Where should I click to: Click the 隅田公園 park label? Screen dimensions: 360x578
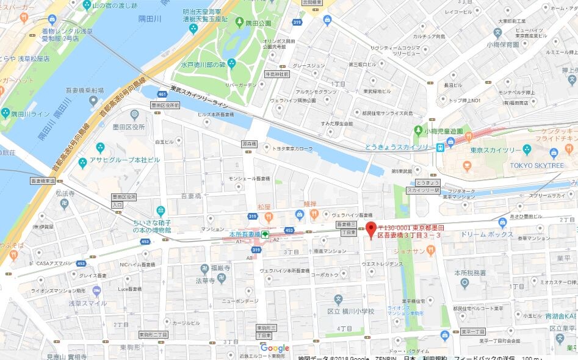pyautogui.click(x=258, y=23)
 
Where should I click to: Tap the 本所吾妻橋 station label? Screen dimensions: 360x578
pyautogui.click(x=245, y=234)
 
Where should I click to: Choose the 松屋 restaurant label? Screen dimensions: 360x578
pyautogui.click(x=264, y=207)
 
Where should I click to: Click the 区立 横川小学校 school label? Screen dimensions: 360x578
pyautogui.click(x=350, y=311)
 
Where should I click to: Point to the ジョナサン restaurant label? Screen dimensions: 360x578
pyautogui.click(x=410, y=250)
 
